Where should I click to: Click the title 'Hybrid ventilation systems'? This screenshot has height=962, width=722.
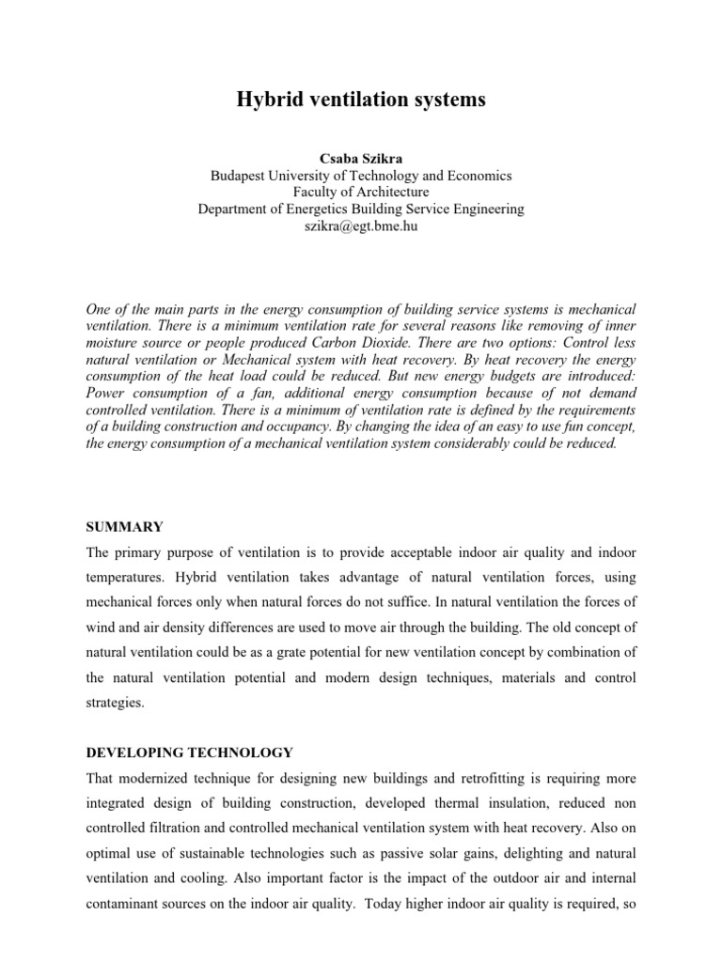click(361, 100)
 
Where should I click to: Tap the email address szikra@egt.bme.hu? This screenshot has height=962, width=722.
click(361, 226)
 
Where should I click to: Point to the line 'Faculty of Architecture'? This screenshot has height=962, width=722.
click(361, 193)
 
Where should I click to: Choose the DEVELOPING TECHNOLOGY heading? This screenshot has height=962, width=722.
click(177, 753)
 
